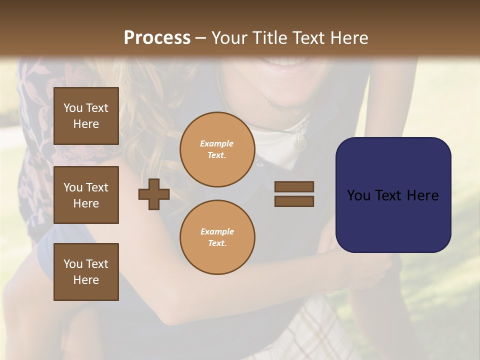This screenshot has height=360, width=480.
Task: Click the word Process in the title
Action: coord(157,38)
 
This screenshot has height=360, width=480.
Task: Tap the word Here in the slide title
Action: coord(348,38)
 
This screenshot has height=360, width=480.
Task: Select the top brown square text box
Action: coord(86,116)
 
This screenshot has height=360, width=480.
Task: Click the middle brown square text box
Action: coord(86,195)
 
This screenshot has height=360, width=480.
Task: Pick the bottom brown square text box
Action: coord(86,272)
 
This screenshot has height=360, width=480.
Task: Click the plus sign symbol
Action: coord(154,194)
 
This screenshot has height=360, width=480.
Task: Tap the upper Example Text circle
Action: coord(217,149)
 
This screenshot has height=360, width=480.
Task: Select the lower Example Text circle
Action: coord(217,237)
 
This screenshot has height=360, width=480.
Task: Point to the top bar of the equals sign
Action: coord(294,186)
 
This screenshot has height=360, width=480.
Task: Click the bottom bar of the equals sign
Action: coord(294,201)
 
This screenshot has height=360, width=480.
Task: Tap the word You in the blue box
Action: coord(358,195)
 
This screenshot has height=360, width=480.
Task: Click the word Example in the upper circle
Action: coord(217,143)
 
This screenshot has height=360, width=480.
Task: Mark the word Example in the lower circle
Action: coord(217,231)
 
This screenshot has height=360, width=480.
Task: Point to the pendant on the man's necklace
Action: coord(299,143)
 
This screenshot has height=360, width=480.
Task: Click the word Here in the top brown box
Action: coord(86,124)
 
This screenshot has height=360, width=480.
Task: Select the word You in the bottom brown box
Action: coord(73,264)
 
